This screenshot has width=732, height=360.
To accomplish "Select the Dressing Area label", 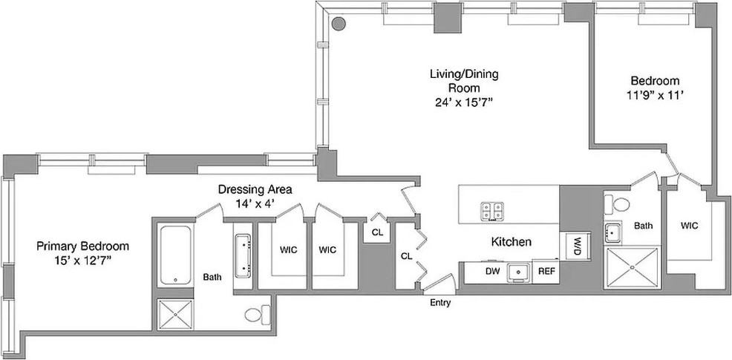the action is tap(255, 189).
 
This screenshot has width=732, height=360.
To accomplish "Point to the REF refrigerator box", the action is tap(546, 272).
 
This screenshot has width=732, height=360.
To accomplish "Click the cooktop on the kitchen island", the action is tap(492, 210).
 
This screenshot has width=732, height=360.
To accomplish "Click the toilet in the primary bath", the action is tap(257, 314).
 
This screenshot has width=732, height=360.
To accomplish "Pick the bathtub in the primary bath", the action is tap(175, 255).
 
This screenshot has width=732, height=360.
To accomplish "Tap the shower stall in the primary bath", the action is tap(175, 315).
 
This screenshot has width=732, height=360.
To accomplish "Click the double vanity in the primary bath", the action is tap(244, 256).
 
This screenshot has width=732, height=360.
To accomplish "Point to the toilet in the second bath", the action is tap(618, 204).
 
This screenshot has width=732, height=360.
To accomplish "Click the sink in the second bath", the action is tap(612, 232).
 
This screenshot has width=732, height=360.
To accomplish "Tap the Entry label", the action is tap(440, 303).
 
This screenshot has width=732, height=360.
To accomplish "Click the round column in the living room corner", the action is tap(339, 23).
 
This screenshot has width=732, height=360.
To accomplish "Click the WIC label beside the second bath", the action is tap(689, 226).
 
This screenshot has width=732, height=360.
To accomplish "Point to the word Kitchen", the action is tap(511, 242).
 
